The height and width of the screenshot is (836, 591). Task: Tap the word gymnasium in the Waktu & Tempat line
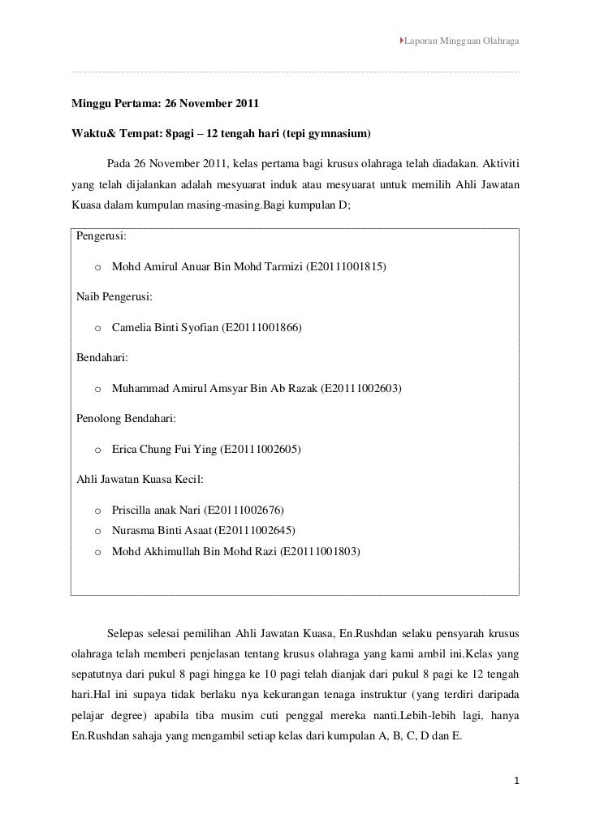[x=337, y=131]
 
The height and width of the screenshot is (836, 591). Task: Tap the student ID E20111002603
[x=361, y=388]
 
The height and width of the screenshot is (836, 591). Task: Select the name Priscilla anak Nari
[x=157, y=510]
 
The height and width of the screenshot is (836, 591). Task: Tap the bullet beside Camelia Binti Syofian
[x=97, y=328]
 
